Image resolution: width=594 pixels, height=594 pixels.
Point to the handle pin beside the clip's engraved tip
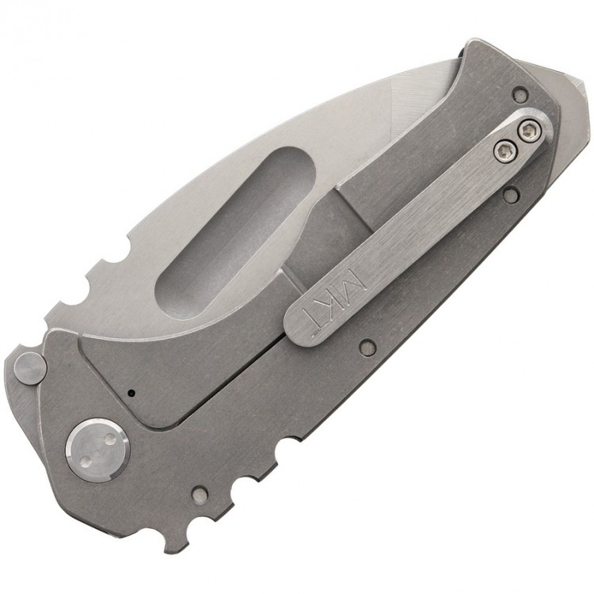click(365, 345)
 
